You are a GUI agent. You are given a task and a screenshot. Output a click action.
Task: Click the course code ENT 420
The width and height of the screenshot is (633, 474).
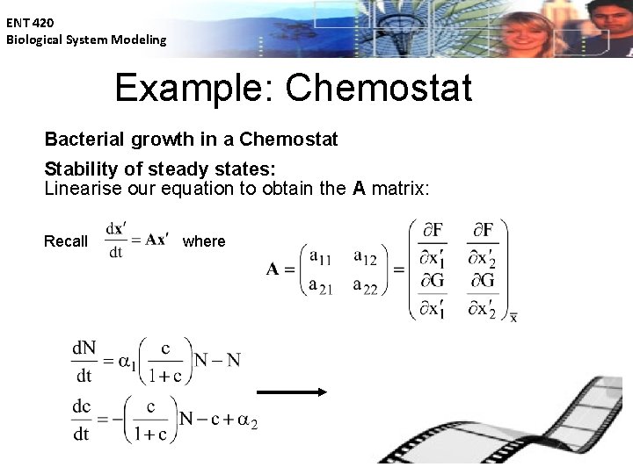[x=30, y=23]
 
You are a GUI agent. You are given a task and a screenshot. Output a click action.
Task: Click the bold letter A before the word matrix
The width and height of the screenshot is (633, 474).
[x=359, y=189]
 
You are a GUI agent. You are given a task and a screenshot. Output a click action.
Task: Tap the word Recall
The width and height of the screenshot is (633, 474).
[x=66, y=241]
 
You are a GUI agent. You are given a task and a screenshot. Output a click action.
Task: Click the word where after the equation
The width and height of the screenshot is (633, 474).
[x=204, y=241]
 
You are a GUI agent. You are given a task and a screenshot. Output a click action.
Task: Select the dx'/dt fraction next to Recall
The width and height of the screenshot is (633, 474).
[x=115, y=240]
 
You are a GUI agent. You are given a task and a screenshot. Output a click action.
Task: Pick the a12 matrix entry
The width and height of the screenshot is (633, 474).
[x=364, y=256]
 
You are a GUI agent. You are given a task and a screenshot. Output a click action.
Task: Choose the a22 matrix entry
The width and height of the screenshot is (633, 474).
[x=364, y=285]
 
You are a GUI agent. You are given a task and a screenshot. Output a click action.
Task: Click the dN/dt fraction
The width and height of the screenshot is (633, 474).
[x=84, y=360]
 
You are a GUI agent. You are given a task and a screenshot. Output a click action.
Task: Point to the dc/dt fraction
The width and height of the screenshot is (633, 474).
[x=82, y=421]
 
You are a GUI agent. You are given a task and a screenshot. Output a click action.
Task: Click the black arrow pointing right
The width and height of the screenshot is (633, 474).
[x=291, y=392]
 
